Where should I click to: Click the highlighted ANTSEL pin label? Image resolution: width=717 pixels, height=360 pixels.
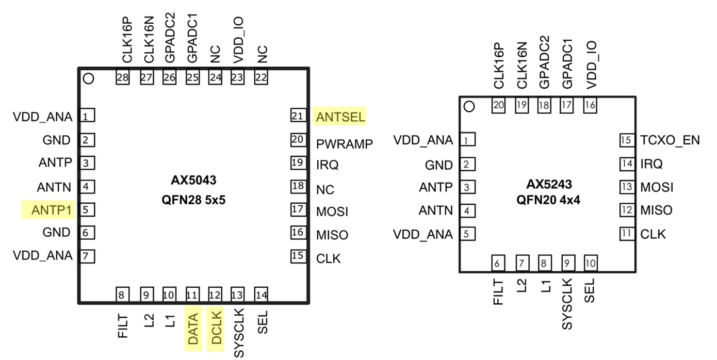point(340,117)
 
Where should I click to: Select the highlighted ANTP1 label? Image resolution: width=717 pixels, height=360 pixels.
point(48,210)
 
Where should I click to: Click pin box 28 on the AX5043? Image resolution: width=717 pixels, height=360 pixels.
point(122,77)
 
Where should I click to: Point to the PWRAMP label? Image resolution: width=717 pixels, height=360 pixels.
point(344,144)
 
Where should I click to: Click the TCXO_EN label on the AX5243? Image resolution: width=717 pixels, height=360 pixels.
point(670,140)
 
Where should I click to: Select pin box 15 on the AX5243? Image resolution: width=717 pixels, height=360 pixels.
point(626,140)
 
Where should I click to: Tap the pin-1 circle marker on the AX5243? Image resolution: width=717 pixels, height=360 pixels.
point(469,107)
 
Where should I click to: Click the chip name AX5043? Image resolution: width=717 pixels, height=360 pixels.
point(193,181)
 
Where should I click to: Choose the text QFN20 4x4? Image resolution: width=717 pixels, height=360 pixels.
point(548,201)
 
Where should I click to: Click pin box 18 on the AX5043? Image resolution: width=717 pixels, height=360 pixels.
point(298,186)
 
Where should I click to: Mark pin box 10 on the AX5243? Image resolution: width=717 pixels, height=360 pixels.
point(590,264)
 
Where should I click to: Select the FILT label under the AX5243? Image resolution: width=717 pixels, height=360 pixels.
point(498,291)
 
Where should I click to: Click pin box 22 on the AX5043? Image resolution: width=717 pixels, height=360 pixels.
point(262,77)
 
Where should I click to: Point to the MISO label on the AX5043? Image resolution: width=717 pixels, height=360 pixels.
point(332,235)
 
